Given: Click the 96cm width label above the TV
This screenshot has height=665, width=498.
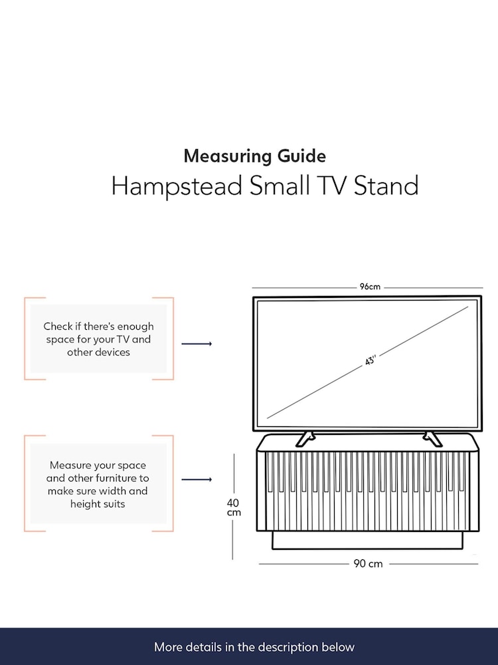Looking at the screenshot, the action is coord(370,287).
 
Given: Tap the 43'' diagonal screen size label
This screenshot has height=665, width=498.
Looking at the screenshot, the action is coord(371,360).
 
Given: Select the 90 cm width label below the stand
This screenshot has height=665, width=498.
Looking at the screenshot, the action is coord(368,564).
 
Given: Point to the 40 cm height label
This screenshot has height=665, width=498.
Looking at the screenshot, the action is coord(234,507).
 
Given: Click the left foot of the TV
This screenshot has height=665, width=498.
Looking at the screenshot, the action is coord(305,439).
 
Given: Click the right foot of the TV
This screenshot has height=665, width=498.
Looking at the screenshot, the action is coord(432,439).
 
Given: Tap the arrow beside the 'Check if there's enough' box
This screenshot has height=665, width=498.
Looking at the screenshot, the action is coord(197,344).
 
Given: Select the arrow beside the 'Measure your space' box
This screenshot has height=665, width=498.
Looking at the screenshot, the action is coord(197,479).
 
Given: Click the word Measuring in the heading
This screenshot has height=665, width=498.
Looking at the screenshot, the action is coord(228,156).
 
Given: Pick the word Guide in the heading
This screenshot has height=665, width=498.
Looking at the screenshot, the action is coord(301,156).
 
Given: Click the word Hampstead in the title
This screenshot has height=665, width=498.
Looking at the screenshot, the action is coord(177,186).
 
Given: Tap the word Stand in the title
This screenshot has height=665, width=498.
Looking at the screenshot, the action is coord(386,186).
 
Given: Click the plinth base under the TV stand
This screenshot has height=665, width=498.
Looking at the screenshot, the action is coord(367,540).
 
